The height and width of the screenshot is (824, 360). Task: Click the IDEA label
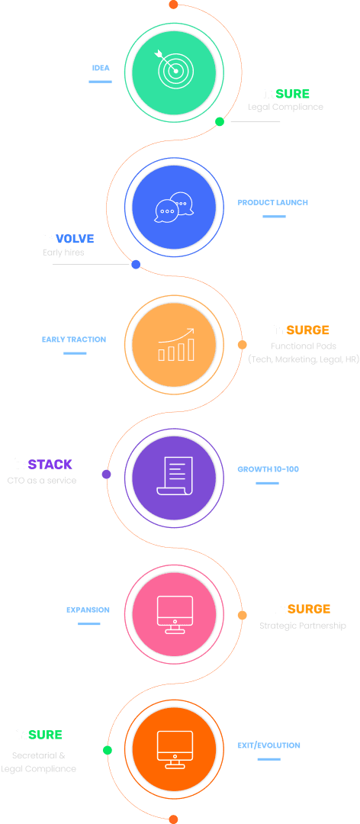(101, 68)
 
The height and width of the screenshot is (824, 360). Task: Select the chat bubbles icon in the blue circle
(174, 207)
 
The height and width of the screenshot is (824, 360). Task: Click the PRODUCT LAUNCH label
(272, 202)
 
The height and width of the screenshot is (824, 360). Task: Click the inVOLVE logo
(69, 238)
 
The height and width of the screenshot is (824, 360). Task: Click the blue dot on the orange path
(136, 265)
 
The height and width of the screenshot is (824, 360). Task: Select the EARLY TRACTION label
(74, 340)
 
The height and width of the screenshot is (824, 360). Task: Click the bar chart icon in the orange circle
(175, 345)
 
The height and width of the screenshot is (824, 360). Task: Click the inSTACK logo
(43, 464)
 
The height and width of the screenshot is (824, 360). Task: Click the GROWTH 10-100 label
(268, 469)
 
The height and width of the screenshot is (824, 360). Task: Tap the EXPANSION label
(88, 610)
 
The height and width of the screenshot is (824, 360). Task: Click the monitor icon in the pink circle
(174, 614)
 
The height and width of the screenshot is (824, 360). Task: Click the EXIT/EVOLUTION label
(269, 745)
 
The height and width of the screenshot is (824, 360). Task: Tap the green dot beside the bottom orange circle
(108, 751)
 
